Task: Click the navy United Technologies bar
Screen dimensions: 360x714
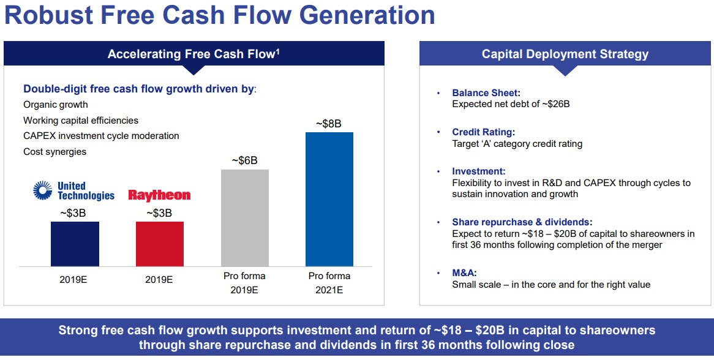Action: click(x=75, y=244)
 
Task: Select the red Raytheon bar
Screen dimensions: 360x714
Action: click(x=159, y=244)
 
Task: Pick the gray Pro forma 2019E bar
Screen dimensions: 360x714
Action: click(x=244, y=217)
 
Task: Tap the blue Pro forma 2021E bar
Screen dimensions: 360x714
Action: click(x=329, y=199)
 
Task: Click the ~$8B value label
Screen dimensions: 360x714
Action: click(x=328, y=124)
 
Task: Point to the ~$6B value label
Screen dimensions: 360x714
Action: click(x=244, y=160)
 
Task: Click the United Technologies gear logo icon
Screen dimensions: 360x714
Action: click(x=43, y=191)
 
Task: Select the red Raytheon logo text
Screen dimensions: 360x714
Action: click(x=159, y=195)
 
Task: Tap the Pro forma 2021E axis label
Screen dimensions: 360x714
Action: click(x=329, y=283)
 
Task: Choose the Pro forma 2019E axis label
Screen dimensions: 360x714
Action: click(x=244, y=283)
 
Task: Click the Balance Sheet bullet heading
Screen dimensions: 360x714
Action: click(x=486, y=93)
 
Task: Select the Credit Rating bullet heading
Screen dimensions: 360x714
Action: click(x=483, y=132)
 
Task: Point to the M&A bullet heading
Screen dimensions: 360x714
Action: click(x=464, y=273)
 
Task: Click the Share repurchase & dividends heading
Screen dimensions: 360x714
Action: click(x=522, y=222)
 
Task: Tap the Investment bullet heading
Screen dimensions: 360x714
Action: click(x=478, y=171)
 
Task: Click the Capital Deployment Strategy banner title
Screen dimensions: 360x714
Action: click(x=565, y=54)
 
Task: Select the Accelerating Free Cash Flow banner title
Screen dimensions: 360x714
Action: click(x=194, y=54)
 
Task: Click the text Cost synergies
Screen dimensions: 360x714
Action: click(x=55, y=151)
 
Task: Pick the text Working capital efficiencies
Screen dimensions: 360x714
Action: click(x=81, y=121)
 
